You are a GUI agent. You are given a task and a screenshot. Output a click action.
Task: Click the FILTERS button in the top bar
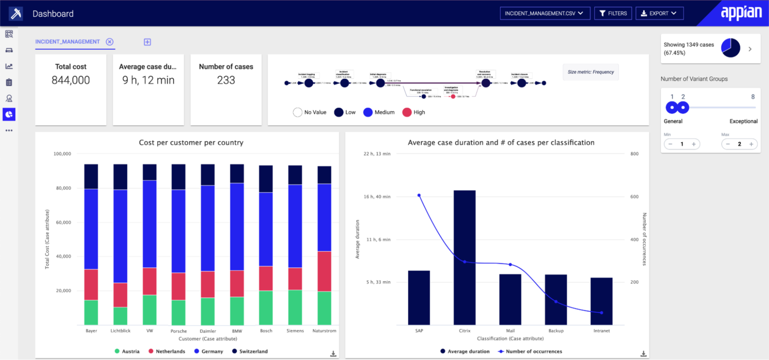pos(613,14)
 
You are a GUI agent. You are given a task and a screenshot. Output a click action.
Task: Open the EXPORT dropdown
pos(659,14)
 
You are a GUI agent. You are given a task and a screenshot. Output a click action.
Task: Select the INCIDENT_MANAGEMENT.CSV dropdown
pos(545,14)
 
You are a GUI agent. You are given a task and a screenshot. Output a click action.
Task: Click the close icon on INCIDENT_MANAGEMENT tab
pos(110,42)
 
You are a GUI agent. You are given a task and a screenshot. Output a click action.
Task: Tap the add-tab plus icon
pos(148,42)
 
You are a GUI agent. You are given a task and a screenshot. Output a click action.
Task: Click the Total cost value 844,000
pos(71,80)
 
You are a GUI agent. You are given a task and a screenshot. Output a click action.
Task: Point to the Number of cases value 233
pos(226,80)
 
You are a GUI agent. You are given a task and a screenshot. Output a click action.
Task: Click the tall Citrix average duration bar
pos(465,257)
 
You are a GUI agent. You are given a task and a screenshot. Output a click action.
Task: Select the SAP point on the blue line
pos(419,195)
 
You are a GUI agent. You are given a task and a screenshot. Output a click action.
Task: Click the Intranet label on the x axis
pos(601,330)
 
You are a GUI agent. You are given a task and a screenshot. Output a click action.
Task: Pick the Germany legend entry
pos(208,352)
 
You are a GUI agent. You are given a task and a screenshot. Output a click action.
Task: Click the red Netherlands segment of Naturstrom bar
pos(325,271)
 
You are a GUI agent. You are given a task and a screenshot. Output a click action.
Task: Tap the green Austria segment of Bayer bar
pos(91,312)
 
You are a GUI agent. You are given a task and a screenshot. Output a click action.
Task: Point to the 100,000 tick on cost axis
pos(62,154)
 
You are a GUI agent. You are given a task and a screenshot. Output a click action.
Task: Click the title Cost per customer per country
pos(191,142)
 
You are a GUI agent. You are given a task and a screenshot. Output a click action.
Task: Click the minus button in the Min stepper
pos(670,144)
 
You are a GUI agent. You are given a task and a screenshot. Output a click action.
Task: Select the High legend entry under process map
pos(414,112)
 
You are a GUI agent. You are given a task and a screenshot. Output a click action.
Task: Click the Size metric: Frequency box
pos(590,72)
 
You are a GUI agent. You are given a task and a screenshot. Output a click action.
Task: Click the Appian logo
pos(741,13)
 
